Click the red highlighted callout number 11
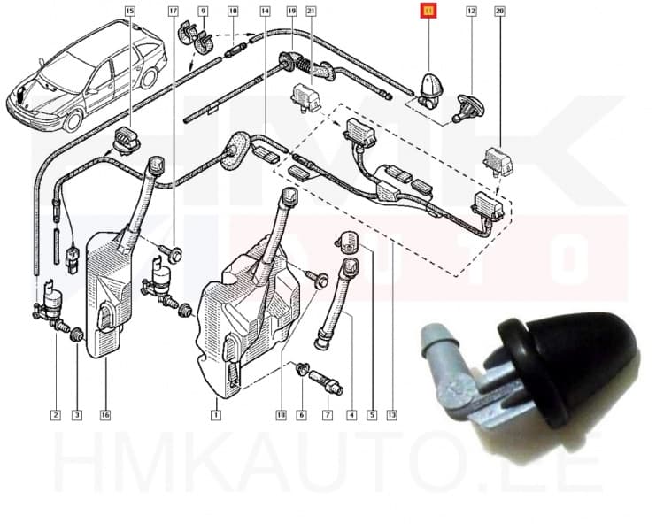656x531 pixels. click(429, 12)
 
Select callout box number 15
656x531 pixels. click(130, 12)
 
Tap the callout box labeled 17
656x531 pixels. click(173, 12)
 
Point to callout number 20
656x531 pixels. click(499, 12)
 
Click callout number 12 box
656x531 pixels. click(471, 12)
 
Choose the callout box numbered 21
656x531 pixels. click(311, 12)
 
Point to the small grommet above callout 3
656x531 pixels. click(76, 334)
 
